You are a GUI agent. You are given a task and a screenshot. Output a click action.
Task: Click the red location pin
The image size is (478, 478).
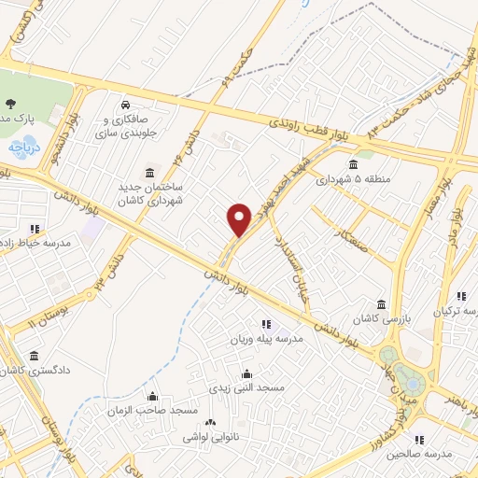pyautogui.click(x=239, y=218)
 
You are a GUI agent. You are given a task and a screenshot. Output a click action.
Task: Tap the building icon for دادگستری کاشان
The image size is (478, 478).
pyautogui.click(x=35, y=355)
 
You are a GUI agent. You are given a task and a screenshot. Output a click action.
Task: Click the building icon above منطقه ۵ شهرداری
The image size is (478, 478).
pyautogui.click(x=352, y=164)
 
